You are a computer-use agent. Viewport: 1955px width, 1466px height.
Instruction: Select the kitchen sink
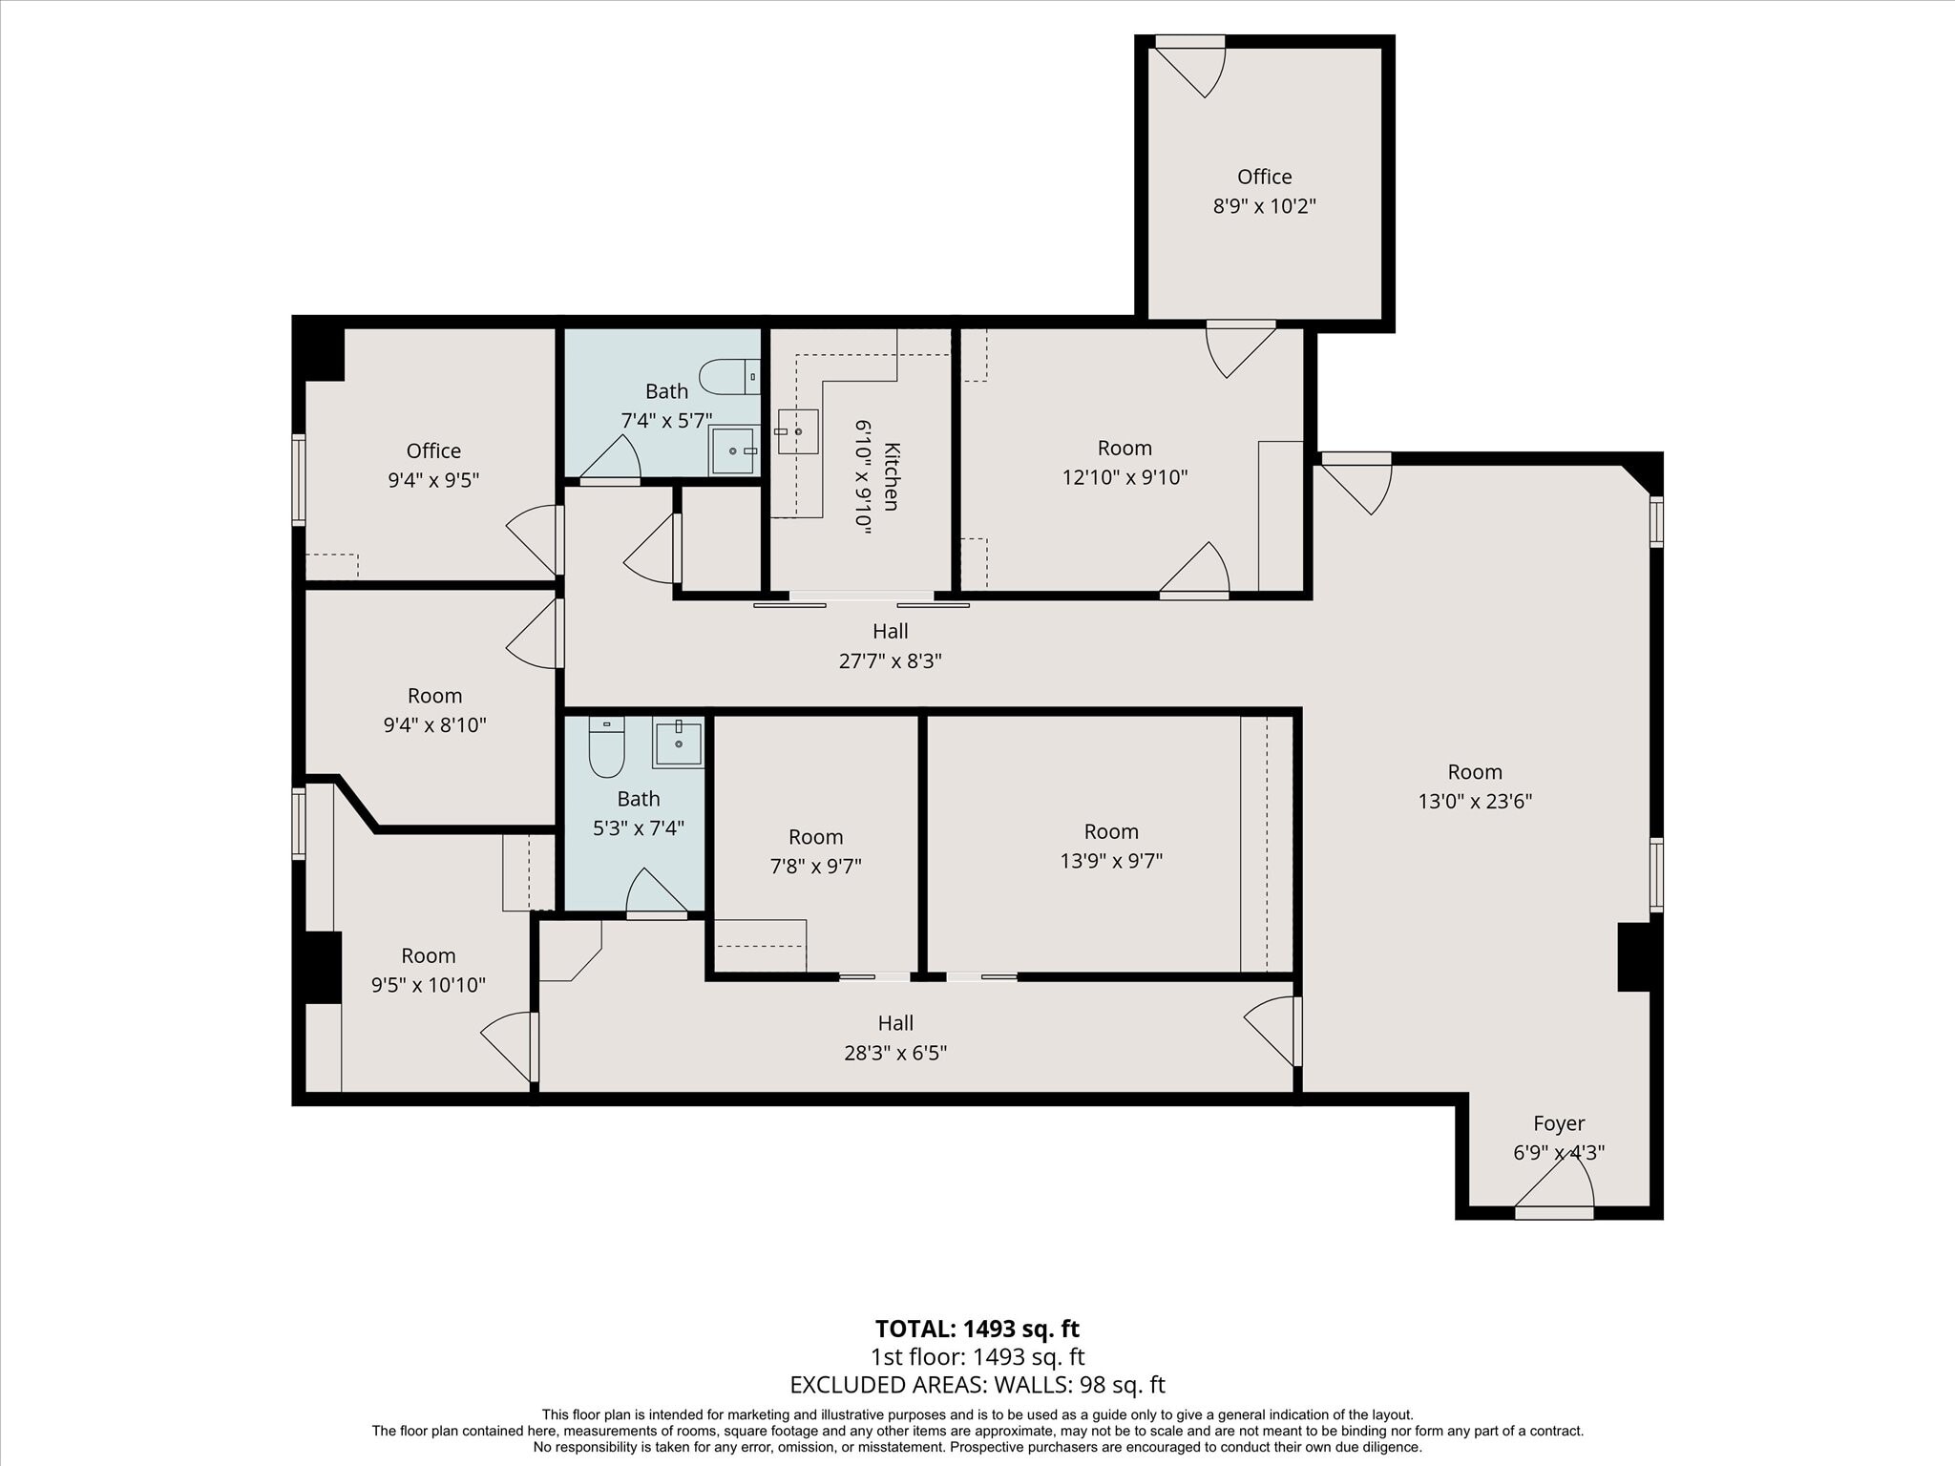[797, 431]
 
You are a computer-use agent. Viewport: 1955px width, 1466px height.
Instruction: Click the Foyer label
[1558, 1123]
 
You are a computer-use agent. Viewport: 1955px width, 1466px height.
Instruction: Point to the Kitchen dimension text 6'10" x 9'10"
[863, 476]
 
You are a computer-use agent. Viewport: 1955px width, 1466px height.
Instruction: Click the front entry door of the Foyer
[1553, 1212]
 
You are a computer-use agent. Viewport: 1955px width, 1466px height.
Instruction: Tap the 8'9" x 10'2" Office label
[1264, 178]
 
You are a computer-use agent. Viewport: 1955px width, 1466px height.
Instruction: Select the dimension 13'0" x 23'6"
[1474, 802]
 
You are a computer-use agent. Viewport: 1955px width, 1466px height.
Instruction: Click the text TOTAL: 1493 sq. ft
[977, 1329]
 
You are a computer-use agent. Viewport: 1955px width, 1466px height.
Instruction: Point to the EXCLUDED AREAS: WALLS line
[977, 1385]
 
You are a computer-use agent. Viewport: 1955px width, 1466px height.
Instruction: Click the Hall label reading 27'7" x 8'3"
[890, 631]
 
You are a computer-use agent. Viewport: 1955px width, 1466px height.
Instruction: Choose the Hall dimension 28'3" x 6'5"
[894, 1053]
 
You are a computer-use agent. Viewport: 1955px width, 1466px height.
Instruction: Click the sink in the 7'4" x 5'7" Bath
[733, 450]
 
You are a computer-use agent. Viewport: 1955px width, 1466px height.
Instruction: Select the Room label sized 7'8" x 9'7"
[815, 837]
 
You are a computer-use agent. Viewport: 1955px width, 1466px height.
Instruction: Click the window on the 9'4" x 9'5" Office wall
[299, 480]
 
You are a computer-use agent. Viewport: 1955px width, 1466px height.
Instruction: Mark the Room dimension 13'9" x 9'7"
[1110, 861]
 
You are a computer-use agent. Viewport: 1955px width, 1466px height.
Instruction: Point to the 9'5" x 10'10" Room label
[428, 955]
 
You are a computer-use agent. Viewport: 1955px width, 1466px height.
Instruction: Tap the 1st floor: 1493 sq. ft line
[977, 1357]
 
